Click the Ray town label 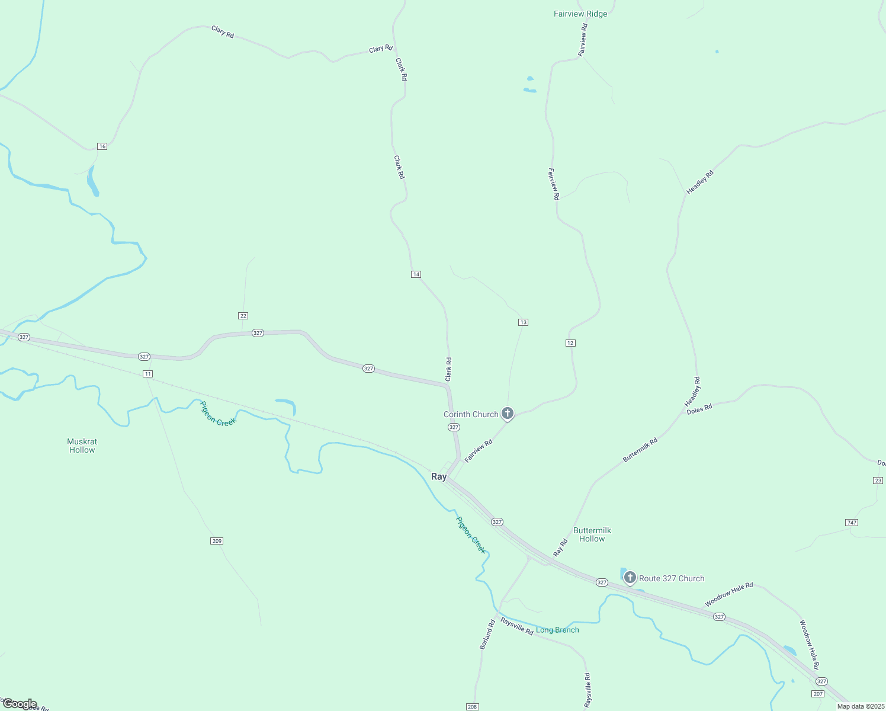(x=439, y=477)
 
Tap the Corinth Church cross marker (x=508, y=413)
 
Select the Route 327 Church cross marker (x=630, y=577)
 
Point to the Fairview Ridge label (x=580, y=14)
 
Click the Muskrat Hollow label (x=82, y=446)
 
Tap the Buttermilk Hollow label (x=592, y=534)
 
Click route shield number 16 (x=102, y=146)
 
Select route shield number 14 (x=416, y=274)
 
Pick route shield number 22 (x=243, y=316)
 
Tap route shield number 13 (x=523, y=322)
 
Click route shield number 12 (x=570, y=343)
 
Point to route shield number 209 (x=217, y=541)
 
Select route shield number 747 (x=852, y=523)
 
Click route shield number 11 (x=147, y=374)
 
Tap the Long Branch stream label (x=557, y=630)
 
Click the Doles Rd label (x=699, y=409)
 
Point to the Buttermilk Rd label (x=640, y=450)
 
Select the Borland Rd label (x=487, y=635)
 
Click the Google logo (x=20, y=704)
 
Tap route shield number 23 (x=878, y=481)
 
